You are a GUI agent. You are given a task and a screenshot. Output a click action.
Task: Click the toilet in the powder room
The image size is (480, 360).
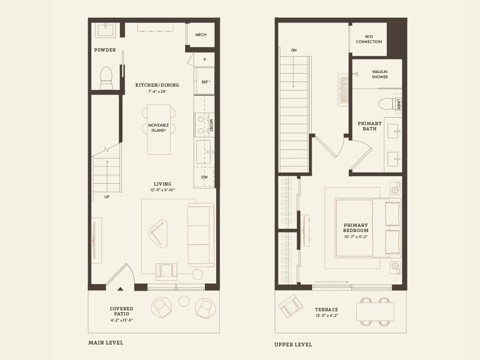(106, 77)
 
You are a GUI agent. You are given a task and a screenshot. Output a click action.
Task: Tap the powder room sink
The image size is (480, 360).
(105, 30)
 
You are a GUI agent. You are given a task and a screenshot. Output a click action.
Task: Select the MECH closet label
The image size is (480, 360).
(201, 35)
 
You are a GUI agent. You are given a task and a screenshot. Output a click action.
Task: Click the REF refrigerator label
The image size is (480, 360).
(205, 82)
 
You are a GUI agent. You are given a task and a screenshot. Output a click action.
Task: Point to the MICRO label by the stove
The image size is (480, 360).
(211, 125)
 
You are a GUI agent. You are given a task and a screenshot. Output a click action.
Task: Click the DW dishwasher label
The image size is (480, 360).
(204, 177)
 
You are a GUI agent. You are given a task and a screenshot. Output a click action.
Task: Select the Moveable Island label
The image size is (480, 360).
(158, 128)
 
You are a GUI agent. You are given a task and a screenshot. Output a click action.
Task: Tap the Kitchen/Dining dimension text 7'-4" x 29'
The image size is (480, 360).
(157, 91)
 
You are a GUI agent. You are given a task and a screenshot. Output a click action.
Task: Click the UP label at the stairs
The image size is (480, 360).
(107, 197)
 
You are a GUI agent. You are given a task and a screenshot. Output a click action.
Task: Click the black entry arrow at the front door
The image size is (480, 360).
(120, 289)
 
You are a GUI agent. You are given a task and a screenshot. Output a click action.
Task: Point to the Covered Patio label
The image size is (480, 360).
(121, 311)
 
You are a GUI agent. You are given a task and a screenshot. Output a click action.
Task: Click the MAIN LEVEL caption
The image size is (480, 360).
(106, 343)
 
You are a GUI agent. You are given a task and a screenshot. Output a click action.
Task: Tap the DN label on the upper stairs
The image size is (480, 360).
(294, 50)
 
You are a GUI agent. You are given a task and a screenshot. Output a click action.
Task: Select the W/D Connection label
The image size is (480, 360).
(369, 39)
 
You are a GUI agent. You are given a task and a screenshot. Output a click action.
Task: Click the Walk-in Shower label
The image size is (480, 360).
(380, 75)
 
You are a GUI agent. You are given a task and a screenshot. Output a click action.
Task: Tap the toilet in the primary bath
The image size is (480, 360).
(386, 104)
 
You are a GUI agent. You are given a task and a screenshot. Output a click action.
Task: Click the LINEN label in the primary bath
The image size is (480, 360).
(398, 104)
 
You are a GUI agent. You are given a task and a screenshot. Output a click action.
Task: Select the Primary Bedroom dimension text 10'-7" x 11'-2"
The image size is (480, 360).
(356, 237)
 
